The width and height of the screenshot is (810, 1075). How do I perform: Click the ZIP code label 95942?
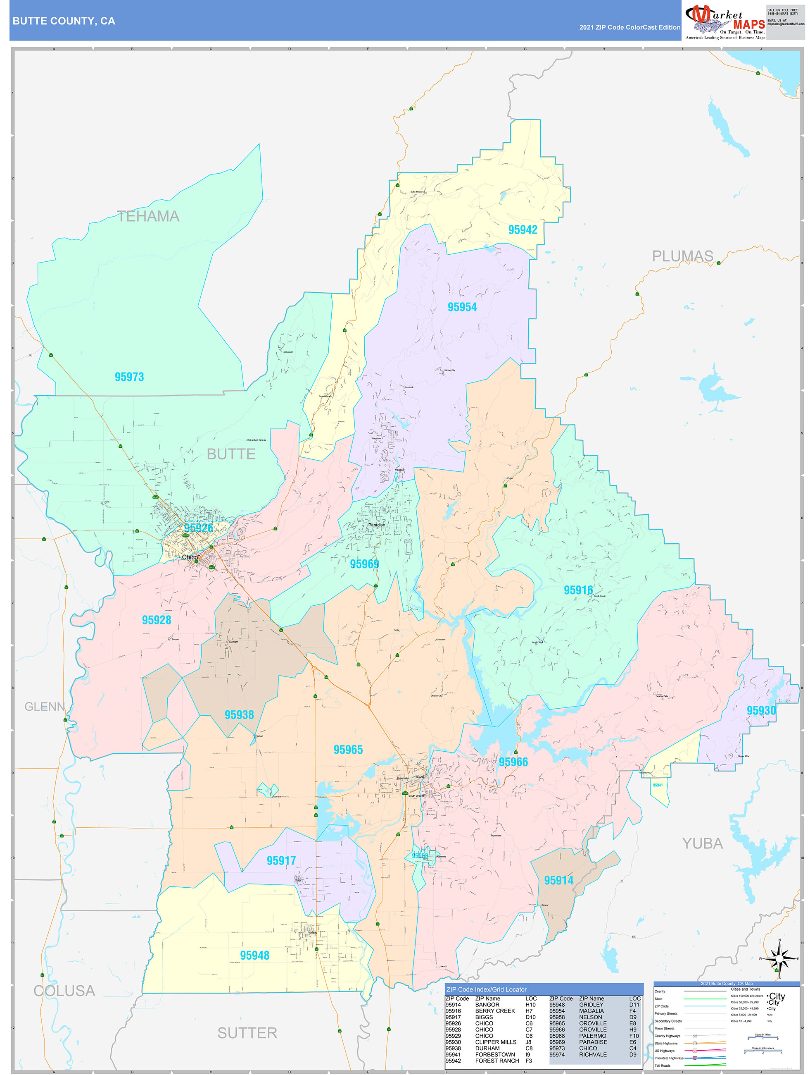(x=523, y=230)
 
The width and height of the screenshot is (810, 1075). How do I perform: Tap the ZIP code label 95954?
(x=462, y=307)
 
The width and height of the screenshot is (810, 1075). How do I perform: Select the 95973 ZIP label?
(x=129, y=377)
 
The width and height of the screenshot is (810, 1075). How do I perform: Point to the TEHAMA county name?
(x=148, y=216)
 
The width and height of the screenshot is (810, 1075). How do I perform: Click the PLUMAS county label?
(x=682, y=256)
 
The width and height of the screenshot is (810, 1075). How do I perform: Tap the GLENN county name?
(x=45, y=707)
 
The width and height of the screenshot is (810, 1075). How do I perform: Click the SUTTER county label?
(x=247, y=1033)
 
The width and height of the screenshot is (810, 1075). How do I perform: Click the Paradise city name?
(x=376, y=525)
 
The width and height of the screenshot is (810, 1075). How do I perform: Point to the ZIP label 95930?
(x=761, y=710)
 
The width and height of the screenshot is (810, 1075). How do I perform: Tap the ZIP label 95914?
(x=558, y=881)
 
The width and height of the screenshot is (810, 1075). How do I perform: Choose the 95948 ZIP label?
(x=254, y=956)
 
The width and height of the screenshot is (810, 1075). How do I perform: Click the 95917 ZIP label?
(x=281, y=861)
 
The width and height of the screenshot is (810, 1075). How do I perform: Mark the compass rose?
(x=779, y=959)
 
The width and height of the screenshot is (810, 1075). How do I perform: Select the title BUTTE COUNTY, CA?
(x=64, y=21)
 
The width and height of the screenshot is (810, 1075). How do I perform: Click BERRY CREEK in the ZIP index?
(x=495, y=1011)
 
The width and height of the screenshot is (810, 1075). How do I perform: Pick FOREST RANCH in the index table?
(x=497, y=1061)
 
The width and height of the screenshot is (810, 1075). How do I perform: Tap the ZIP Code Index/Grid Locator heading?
(x=486, y=989)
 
